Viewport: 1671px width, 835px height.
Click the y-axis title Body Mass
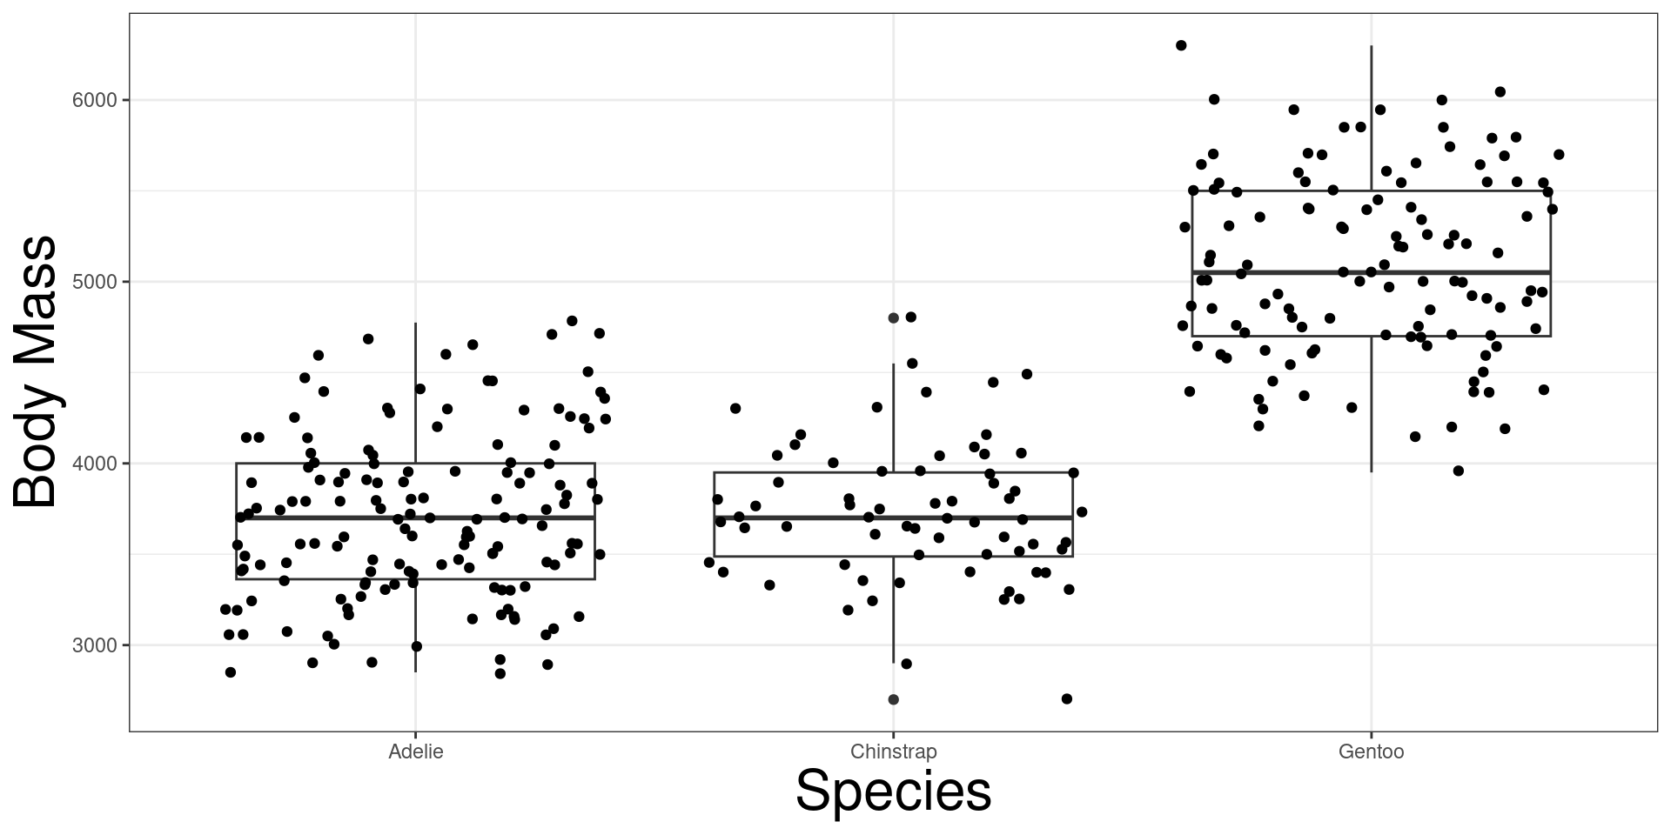coord(37,372)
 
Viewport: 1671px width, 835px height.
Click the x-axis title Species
coord(893,791)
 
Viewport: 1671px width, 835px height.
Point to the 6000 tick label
coord(94,100)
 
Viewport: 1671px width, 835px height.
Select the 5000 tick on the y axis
coord(94,282)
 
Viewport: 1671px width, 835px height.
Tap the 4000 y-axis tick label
coord(94,464)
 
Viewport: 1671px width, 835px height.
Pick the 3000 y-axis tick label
coord(94,645)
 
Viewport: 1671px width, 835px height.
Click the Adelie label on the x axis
coord(415,751)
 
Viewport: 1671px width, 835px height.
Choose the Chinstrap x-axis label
coord(893,751)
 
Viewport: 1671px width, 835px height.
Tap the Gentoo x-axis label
coord(1371,751)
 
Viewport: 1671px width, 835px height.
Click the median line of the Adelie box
coord(348,518)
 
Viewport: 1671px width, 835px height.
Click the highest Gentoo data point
coord(1181,45)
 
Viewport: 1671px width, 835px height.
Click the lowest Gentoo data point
coord(1459,471)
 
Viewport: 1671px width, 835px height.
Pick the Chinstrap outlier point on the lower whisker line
coord(893,699)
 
